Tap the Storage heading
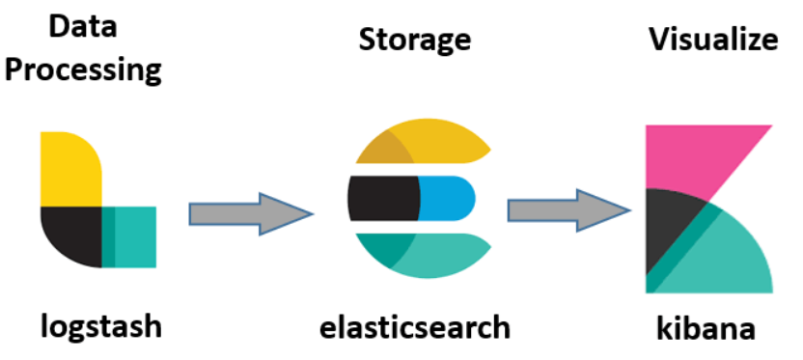tap(415, 40)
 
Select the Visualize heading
tap(713, 40)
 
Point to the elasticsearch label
tap(415, 327)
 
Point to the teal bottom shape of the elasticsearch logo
tap(425, 254)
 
